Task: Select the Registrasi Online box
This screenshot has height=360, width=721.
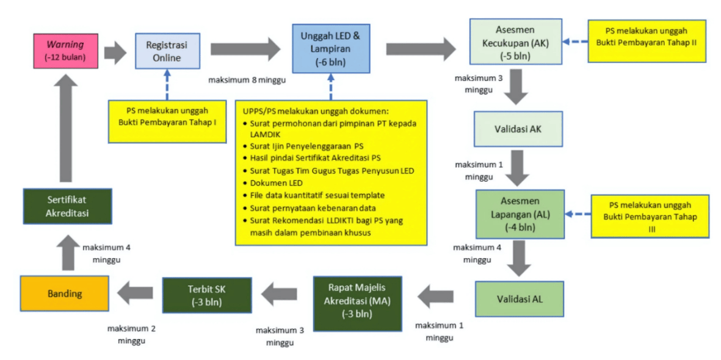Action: tap(167, 51)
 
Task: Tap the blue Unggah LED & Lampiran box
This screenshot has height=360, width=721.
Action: tap(330, 48)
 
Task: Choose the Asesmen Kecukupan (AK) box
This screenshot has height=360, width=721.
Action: tap(515, 42)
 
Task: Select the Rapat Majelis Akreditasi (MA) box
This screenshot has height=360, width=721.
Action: tap(357, 304)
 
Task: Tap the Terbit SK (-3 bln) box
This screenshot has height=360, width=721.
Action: tap(207, 295)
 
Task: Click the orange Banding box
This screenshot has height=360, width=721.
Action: tap(65, 293)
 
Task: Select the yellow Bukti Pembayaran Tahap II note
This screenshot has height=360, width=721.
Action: tap(647, 41)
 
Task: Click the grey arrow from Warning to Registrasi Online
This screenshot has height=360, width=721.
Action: tap(114, 52)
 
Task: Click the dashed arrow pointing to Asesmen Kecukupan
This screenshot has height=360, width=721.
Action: tap(574, 41)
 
